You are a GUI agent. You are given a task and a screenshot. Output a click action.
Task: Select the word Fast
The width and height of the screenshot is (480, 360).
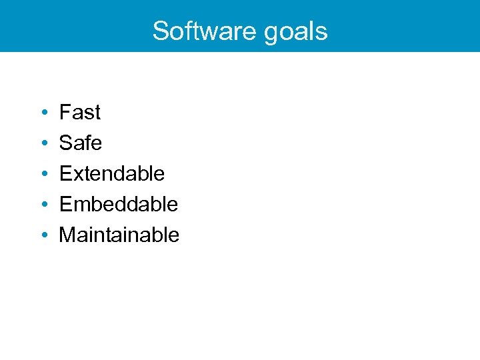80,112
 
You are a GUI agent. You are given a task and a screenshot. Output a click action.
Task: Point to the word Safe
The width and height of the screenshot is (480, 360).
81,143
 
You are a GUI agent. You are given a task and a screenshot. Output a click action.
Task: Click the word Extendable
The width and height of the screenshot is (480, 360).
112,173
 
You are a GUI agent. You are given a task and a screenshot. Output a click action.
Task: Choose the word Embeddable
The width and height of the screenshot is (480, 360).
119,204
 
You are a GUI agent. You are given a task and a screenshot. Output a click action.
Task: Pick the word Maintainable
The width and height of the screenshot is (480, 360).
119,235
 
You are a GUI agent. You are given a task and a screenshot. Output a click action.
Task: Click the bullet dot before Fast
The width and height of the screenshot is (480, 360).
42,113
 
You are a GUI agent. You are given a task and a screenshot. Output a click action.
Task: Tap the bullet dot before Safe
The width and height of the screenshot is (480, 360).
42,143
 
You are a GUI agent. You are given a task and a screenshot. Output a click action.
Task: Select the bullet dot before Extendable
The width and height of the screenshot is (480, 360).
42,174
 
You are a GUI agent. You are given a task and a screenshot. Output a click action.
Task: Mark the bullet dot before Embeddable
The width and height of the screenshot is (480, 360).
42,205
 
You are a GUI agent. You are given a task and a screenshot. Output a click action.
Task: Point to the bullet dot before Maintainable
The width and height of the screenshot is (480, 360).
42,235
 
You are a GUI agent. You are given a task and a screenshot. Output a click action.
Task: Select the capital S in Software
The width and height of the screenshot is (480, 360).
161,31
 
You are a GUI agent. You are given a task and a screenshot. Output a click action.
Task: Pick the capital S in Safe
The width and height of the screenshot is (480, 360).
66,143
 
